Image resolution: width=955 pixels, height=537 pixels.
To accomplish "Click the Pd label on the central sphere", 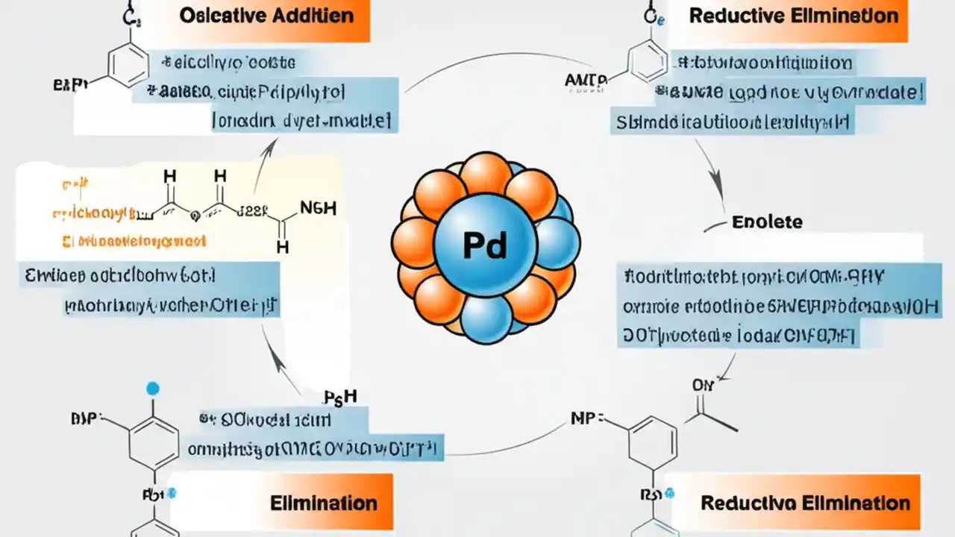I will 484,245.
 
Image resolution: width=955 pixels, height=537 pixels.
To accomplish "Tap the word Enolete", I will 767,222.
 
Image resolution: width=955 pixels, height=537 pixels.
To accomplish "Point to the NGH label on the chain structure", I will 317,208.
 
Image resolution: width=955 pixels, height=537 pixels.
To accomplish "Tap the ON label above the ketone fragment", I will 702,386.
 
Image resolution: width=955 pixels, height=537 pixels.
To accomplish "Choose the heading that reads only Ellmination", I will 323,502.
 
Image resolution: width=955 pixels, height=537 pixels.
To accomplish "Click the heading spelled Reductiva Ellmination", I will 805,503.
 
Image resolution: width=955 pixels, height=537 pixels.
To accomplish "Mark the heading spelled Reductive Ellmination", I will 794,16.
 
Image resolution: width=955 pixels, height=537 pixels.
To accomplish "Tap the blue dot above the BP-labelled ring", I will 153,388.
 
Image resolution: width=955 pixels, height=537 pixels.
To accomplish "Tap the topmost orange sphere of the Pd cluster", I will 485,173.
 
